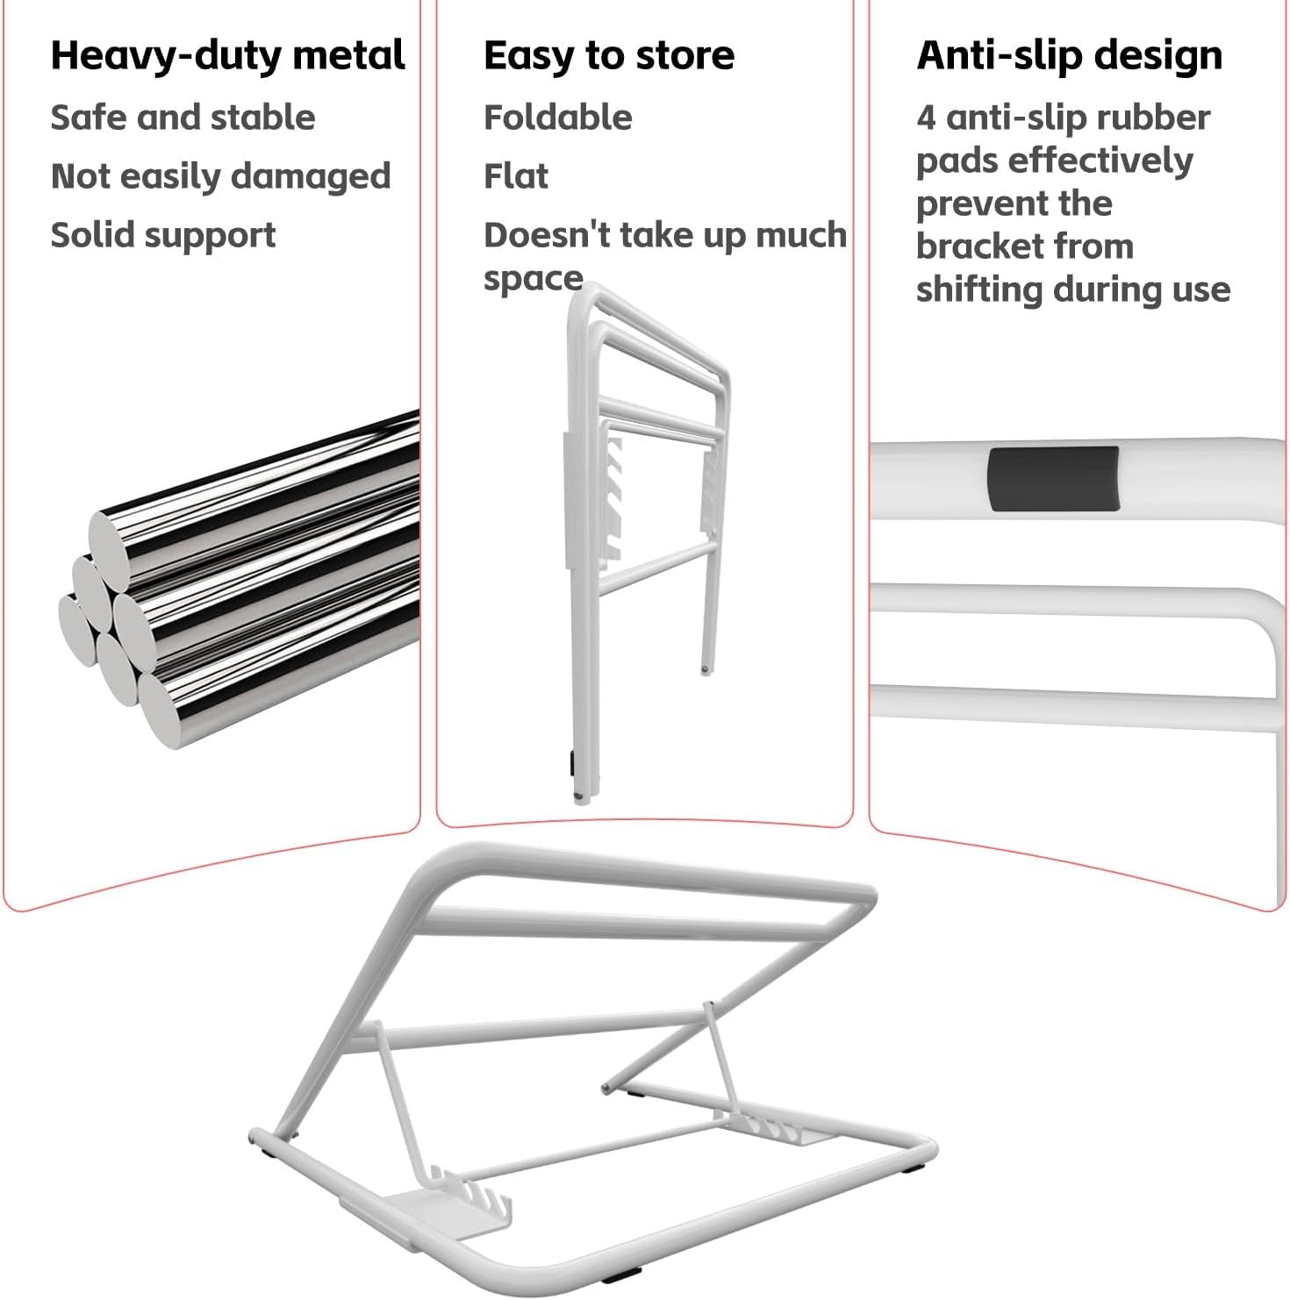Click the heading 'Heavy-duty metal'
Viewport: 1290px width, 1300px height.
pyautogui.click(x=227, y=55)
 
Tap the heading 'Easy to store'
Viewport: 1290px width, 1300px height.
pyautogui.click(x=608, y=55)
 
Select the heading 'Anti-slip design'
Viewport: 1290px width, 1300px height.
pyautogui.click(x=1069, y=55)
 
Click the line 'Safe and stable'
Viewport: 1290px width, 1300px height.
pyautogui.click(x=183, y=118)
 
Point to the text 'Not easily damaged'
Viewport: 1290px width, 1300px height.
pyautogui.click(x=220, y=176)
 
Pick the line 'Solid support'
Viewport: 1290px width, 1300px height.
pyautogui.click(x=162, y=235)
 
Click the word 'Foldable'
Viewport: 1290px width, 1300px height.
pyautogui.click(x=557, y=118)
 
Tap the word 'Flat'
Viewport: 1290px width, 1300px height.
pyautogui.click(x=515, y=176)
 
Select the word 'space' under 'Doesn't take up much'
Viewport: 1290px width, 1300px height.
pyautogui.click(x=533, y=278)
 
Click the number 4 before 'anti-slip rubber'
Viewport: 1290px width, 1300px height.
pyautogui.click(x=925, y=118)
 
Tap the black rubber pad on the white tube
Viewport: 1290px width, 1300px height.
pyautogui.click(x=1052, y=479)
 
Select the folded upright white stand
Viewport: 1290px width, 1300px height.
pyautogui.click(x=645, y=535)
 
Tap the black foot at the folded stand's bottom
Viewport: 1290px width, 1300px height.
pyautogui.click(x=571, y=763)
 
